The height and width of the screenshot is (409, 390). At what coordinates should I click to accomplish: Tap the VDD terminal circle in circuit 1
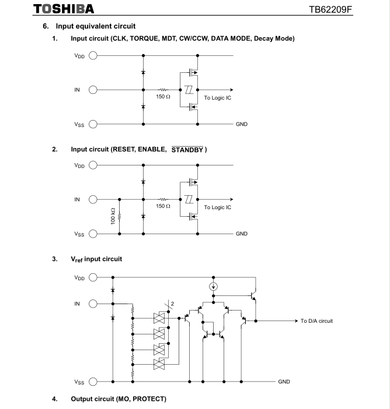[x=92, y=56]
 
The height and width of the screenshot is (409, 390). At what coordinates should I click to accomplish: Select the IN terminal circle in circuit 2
[x=92, y=199]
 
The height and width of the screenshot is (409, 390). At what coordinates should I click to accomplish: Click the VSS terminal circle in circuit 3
[x=92, y=382]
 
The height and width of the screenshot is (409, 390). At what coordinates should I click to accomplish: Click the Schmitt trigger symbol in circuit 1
[x=189, y=90]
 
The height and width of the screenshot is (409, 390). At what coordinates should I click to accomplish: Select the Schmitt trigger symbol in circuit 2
[x=189, y=200]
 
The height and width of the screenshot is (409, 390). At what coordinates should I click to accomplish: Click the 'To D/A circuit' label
[x=316, y=321]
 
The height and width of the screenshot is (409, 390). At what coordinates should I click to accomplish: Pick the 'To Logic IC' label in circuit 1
[x=217, y=97]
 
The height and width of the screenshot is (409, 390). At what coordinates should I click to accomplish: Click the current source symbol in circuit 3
[x=214, y=286]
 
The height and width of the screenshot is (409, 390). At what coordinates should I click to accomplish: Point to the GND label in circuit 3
[x=284, y=382]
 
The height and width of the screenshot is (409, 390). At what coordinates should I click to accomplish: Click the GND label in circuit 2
[x=242, y=234]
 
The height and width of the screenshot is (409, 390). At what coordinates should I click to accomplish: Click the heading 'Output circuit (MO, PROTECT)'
[x=119, y=399]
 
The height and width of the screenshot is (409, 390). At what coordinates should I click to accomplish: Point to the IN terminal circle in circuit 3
[x=92, y=304]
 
